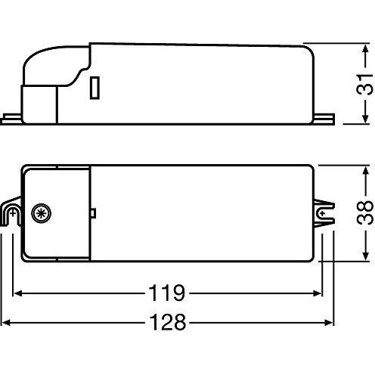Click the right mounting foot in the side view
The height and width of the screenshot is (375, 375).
327,118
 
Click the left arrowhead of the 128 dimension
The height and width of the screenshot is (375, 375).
11,321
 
